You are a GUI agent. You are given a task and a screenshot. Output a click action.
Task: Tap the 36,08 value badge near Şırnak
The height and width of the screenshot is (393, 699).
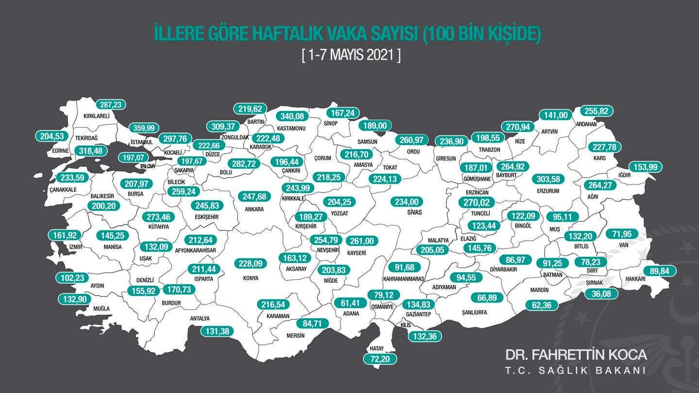click(601, 294)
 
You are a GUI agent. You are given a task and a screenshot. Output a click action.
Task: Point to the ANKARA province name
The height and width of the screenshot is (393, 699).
click(254, 209)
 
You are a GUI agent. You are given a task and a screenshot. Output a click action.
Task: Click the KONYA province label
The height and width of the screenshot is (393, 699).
click(250, 278)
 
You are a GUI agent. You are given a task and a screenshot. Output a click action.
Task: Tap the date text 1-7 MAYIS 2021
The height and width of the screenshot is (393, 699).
click(351, 55)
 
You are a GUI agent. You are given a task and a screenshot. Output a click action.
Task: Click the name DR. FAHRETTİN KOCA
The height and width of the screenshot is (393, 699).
click(576, 355)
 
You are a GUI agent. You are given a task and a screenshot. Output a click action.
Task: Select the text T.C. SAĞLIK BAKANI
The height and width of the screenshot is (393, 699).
click(575, 371)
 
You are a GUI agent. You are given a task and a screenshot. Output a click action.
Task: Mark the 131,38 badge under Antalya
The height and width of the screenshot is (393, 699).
click(217, 331)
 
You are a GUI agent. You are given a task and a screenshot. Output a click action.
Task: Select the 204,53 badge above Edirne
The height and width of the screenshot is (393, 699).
click(51, 136)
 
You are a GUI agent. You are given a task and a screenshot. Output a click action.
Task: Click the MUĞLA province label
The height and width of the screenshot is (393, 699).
click(101, 309)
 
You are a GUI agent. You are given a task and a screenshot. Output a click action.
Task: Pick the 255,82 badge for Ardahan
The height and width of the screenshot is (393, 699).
click(597, 111)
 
